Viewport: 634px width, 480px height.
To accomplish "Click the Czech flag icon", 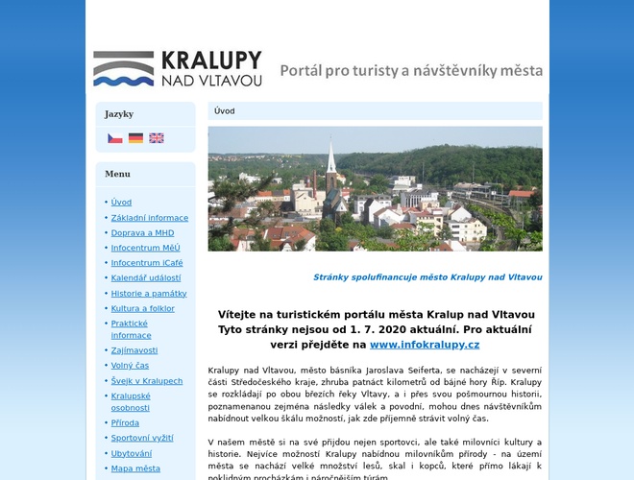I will (x=114, y=138).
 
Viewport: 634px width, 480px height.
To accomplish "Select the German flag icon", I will (x=135, y=138).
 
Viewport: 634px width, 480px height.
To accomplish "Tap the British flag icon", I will (x=156, y=138).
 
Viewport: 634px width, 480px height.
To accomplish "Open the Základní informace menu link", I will (x=149, y=218).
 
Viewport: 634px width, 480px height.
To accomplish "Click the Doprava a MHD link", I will (x=142, y=232).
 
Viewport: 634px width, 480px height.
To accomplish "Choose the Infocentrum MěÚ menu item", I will (x=145, y=248).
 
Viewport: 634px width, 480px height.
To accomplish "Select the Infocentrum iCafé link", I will (x=146, y=263).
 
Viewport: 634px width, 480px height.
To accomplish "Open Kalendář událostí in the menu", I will (x=145, y=278).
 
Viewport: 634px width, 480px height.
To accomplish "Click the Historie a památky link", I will (x=148, y=294).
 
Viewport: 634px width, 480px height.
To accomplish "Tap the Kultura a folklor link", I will (x=142, y=309).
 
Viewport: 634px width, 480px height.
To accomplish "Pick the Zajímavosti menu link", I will (x=134, y=350).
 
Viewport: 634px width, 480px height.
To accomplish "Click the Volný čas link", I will (x=130, y=366).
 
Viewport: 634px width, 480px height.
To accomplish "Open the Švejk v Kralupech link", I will (x=146, y=381).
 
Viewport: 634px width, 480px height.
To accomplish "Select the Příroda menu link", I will (x=125, y=422).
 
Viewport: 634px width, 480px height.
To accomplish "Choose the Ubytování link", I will (x=131, y=453).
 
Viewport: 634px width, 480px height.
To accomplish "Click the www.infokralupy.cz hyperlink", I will (x=424, y=344).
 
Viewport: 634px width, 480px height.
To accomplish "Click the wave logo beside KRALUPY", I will (x=123, y=69).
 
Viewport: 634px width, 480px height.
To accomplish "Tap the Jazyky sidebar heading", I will (x=119, y=113).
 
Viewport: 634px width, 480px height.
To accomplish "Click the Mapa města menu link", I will (x=135, y=468).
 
